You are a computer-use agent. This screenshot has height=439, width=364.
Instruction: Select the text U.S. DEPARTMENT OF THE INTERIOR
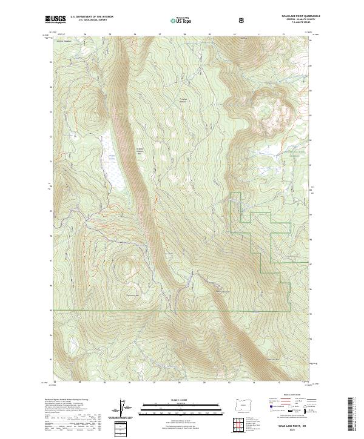tap(92, 18)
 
